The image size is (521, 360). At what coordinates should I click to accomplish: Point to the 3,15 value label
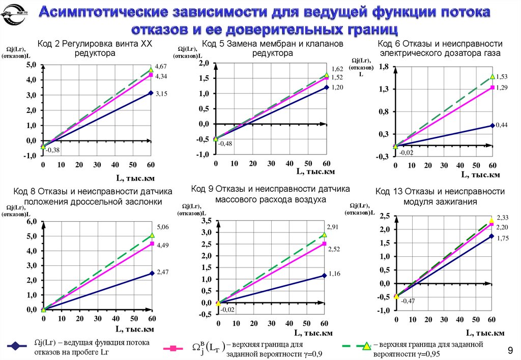[161, 94]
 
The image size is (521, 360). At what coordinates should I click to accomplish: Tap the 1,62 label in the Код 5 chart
[337, 69]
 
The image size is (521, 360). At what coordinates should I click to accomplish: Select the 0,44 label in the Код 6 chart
[501, 125]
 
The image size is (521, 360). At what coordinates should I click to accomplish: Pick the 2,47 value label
[162, 272]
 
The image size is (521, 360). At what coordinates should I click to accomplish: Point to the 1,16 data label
[334, 274]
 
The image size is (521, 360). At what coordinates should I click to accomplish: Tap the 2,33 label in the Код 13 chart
[502, 217]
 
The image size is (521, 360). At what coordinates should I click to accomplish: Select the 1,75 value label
[502, 237]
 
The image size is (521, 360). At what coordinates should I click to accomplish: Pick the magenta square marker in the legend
[173, 349]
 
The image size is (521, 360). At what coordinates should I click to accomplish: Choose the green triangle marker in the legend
[365, 347]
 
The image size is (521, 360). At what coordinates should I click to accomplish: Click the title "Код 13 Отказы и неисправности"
[440, 191]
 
